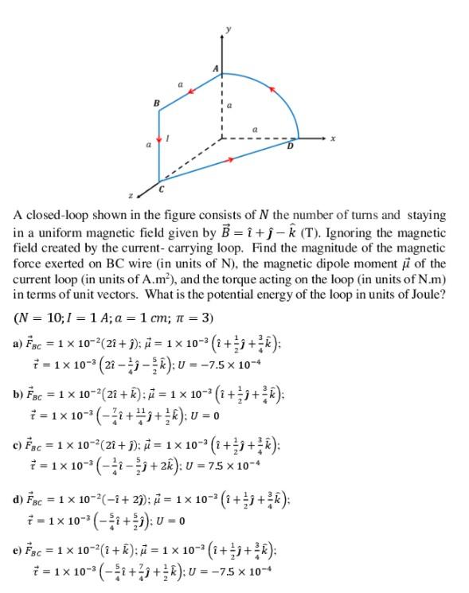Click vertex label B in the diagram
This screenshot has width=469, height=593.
156,103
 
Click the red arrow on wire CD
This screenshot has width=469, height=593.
230,159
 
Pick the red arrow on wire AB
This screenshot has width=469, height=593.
190,92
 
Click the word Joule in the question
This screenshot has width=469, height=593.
424,292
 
